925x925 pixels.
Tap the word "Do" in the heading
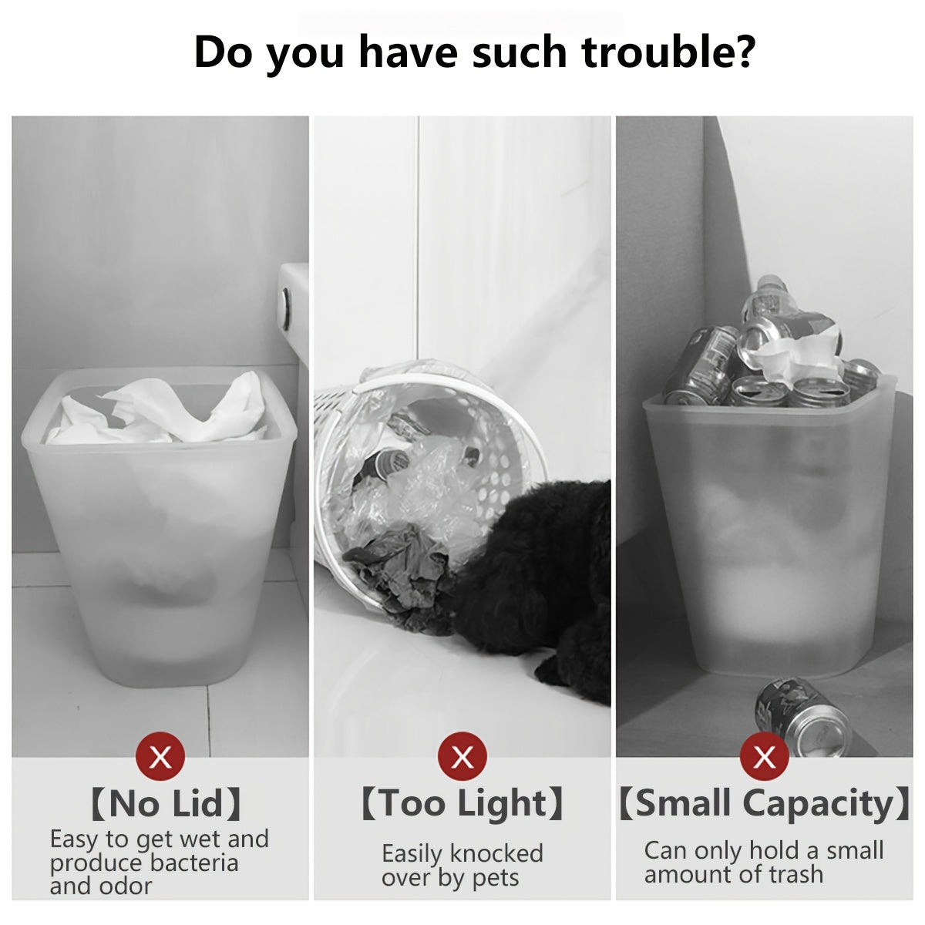tap(224, 53)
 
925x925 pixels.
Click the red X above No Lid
tap(160, 757)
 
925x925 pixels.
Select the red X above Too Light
tap(462, 757)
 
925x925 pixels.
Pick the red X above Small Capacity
tap(764, 757)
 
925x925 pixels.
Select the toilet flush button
tap(287, 308)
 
